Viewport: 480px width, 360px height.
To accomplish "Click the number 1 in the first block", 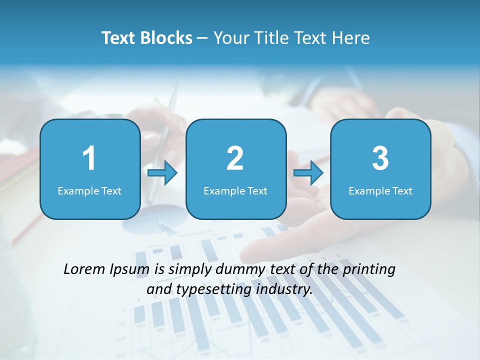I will click(89, 159).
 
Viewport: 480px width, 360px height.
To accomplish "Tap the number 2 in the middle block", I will click(235, 159).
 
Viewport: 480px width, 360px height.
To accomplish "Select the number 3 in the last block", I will click(380, 159).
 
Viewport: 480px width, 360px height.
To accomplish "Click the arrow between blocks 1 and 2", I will click(163, 173).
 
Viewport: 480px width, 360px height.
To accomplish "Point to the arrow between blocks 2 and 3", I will click(308, 173).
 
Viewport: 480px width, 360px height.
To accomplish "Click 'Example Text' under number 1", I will click(89, 191).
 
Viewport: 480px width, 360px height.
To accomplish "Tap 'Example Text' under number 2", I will click(235, 191).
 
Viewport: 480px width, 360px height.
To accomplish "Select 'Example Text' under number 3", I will click(380, 191).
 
